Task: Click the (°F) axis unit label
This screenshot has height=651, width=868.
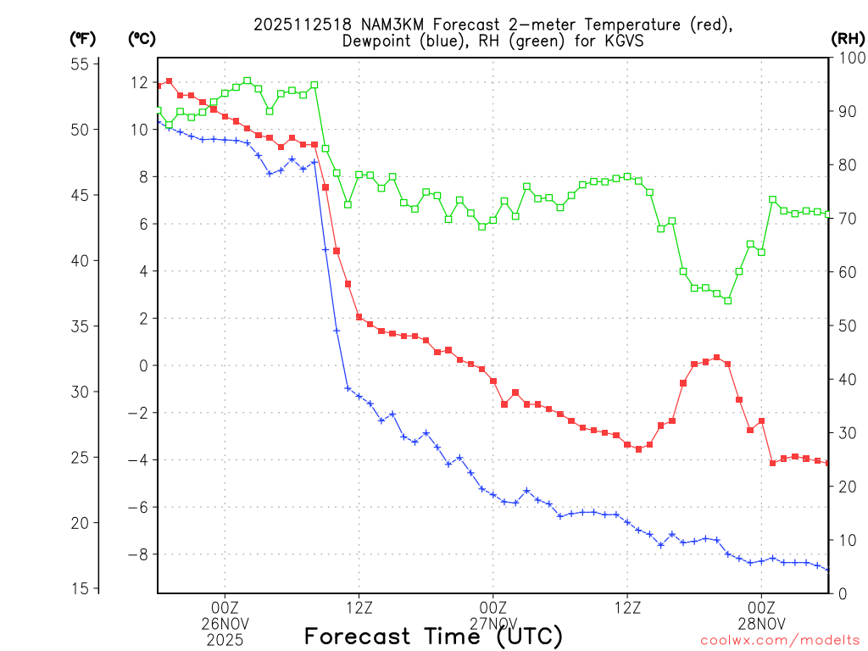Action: click(82, 38)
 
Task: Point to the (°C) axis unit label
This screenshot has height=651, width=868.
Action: click(141, 38)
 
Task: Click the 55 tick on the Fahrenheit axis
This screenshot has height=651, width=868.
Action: click(81, 64)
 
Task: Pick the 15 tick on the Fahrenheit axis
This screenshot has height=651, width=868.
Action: click(81, 588)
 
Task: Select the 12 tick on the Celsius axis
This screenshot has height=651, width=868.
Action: click(139, 82)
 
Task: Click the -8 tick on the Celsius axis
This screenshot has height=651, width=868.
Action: click(136, 554)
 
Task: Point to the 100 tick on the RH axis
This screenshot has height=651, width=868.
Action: click(850, 58)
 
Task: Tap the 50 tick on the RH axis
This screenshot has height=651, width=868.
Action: click(847, 325)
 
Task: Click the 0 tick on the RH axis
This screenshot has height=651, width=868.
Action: click(843, 593)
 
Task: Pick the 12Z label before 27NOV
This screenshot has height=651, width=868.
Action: click(359, 607)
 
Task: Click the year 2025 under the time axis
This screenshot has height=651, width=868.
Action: click(225, 640)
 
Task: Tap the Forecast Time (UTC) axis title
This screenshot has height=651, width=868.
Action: click(433, 636)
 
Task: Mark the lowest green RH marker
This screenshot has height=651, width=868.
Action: click(727, 300)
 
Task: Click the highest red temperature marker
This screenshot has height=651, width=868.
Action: click(169, 81)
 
